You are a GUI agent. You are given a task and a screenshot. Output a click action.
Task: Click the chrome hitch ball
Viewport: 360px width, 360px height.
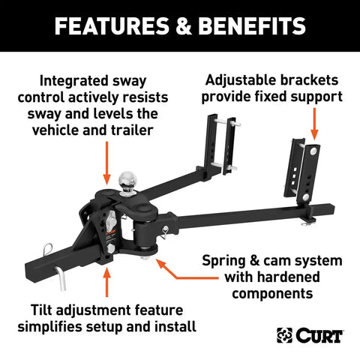click(x=127, y=178)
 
